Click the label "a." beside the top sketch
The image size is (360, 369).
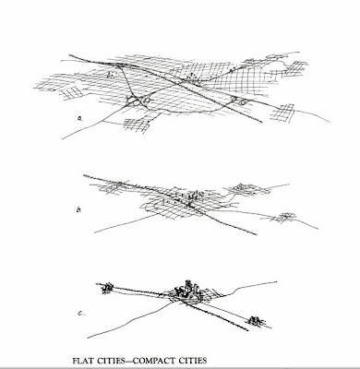tap(81, 118)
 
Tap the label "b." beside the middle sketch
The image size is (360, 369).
tap(78, 210)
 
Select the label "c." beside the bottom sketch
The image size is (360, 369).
tap(81, 314)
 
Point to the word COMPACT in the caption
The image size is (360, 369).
tap(159, 361)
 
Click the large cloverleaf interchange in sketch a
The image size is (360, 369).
tap(138, 101)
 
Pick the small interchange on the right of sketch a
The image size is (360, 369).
tap(239, 101)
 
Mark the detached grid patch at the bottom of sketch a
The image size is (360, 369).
tap(137, 125)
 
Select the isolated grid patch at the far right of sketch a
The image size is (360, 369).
tap(282, 113)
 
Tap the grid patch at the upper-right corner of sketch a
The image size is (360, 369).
tap(296, 68)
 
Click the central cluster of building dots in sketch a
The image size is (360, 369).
tap(191, 77)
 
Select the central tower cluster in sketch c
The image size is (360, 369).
tap(187, 291)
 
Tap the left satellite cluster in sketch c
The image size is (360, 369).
tap(107, 288)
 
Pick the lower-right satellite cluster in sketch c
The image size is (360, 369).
tap(256, 321)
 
